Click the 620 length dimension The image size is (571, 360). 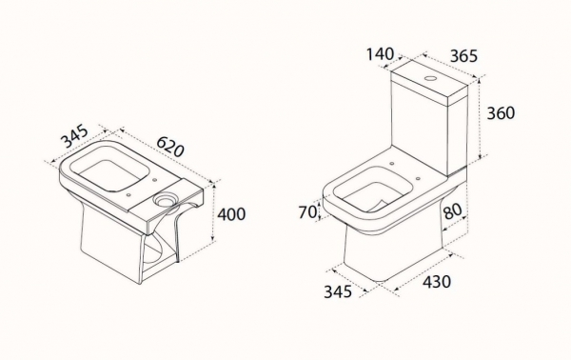tap(170, 147)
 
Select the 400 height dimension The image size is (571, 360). tap(231, 214)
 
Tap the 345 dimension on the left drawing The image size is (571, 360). tap(74, 136)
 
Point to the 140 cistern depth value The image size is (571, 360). tap(380, 54)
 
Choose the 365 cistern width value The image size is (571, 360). tap(463, 56)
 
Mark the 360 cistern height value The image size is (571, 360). tap(502, 113)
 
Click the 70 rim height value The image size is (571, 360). tap(307, 212)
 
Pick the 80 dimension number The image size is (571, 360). tap(453, 210)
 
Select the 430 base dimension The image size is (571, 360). tap(437, 282)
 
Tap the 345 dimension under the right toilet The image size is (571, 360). tap(338, 291)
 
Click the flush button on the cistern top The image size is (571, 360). tap(431, 78)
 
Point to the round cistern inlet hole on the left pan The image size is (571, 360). tap(165, 199)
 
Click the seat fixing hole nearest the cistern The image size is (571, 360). tap(391, 163)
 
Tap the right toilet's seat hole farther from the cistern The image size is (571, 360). tap(418, 178)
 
